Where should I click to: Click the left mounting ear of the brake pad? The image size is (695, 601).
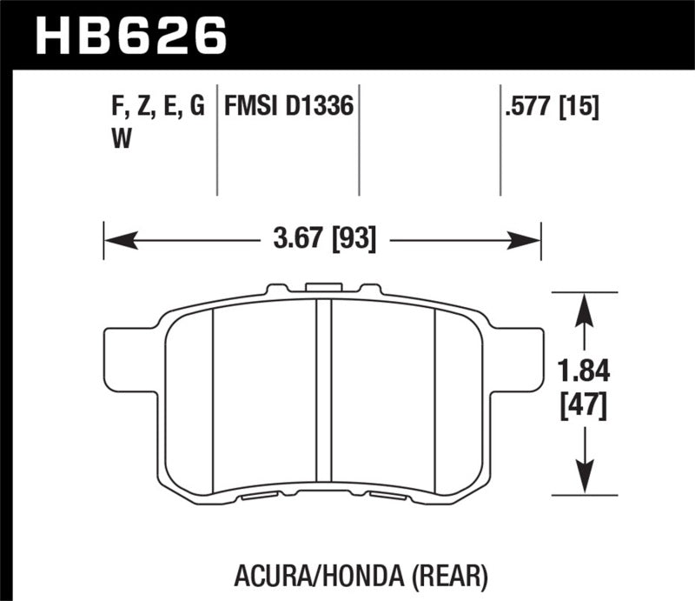[121, 359]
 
